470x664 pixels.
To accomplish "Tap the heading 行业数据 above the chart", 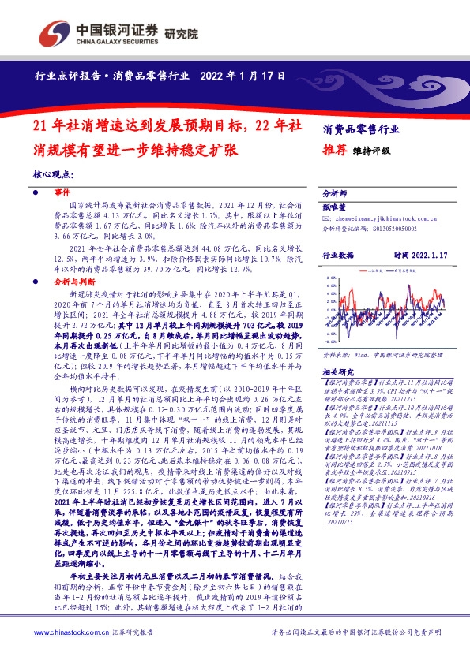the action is point(339,256).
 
